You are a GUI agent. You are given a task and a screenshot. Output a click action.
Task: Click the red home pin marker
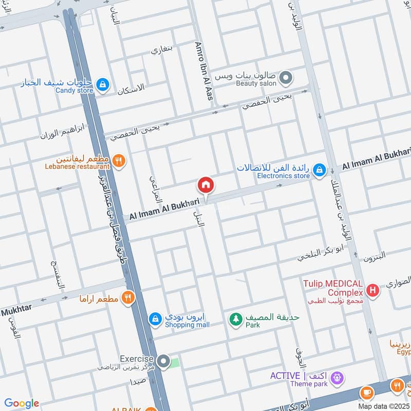tap(206, 185)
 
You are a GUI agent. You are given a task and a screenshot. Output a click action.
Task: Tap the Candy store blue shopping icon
tap(103, 84)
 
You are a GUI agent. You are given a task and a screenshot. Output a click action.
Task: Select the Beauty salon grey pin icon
tap(286, 79)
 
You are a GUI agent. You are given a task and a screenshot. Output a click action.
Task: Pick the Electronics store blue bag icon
tap(319, 170)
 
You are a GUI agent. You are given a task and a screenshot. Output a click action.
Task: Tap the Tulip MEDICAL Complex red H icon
tap(373, 290)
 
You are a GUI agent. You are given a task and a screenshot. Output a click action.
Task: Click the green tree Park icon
tap(236, 319)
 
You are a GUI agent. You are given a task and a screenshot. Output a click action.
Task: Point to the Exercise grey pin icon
tap(163, 362)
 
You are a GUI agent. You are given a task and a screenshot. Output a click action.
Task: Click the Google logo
tap(21, 403)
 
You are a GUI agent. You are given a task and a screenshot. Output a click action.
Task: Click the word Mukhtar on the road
tap(16, 310)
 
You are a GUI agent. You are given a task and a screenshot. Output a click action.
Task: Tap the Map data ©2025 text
tap(383, 406)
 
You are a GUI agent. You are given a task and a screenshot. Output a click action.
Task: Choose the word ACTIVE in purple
tap(286, 376)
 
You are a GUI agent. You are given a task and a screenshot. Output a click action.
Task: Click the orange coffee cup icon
tap(366, 393)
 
